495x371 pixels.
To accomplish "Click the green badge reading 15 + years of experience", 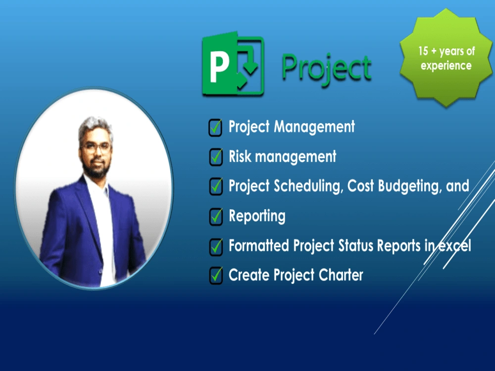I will pos(446,58).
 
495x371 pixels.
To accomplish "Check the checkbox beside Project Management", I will pos(215,128).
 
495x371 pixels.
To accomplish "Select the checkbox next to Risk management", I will pos(215,157).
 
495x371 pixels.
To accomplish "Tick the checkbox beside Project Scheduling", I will pos(215,186).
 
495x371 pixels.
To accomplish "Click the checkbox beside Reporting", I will pos(215,217).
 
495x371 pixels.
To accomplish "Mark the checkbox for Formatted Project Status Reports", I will pos(215,246).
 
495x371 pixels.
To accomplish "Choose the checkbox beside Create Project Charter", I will pos(215,275).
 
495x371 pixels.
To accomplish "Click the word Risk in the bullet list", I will pos(240,157).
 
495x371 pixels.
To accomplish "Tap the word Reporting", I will pos(257,216).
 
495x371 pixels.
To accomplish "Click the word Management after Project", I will pos(314,127).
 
